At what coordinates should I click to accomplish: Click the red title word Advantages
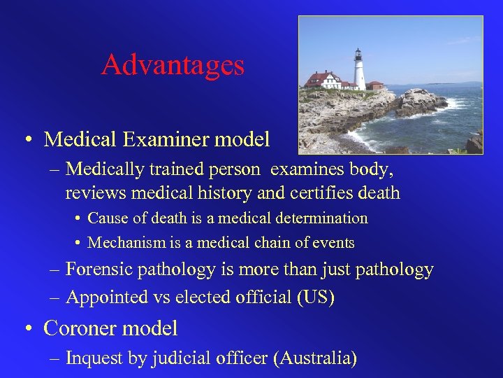coord(173,65)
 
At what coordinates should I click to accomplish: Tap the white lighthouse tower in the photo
coord(360,70)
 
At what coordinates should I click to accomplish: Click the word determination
coord(319,218)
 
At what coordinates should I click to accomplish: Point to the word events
coord(333,244)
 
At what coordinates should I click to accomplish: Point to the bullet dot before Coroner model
coord(29,328)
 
